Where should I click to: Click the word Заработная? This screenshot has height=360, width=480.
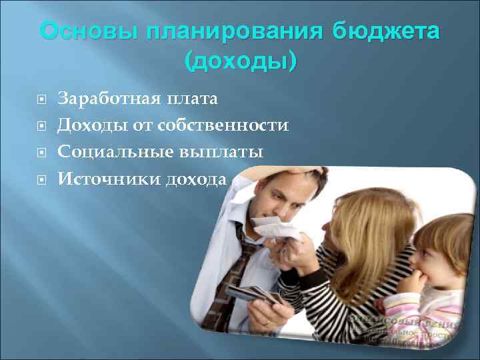point(107,99)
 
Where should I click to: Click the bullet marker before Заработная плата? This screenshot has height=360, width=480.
point(41,100)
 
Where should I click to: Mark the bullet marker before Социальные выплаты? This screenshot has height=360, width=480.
point(41,153)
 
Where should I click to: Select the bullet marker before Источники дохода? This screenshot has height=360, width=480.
point(41,179)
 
